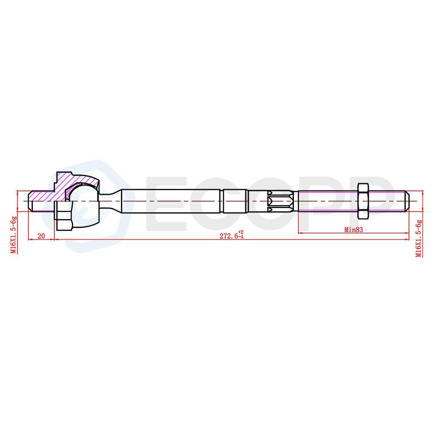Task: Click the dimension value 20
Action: [x=41, y=236]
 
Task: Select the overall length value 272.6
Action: [x=229, y=236]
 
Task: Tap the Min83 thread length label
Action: [x=353, y=230]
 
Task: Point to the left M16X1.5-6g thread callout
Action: [x=14, y=235]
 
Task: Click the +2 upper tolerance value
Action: [x=241, y=232]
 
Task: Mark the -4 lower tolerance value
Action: [x=241, y=237]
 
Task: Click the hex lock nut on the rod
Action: [x=363, y=201]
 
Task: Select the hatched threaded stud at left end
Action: [x=41, y=201]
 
